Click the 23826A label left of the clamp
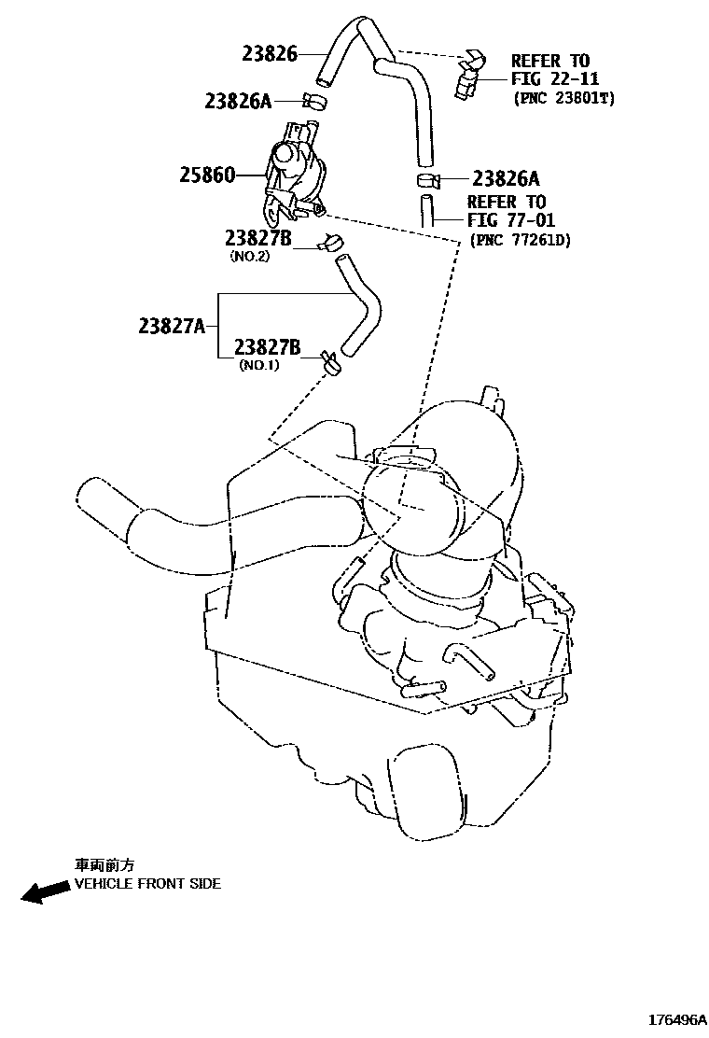(x=238, y=100)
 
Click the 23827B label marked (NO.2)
(x=257, y=239)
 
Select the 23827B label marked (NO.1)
(x=267, y=348)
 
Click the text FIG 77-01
(x=512, y=220)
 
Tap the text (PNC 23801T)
(x=563, y=97)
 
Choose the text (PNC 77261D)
(x=520, y=240)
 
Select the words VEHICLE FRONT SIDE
(x=147, y=883)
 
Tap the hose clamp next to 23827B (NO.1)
(x=330, y=361)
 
